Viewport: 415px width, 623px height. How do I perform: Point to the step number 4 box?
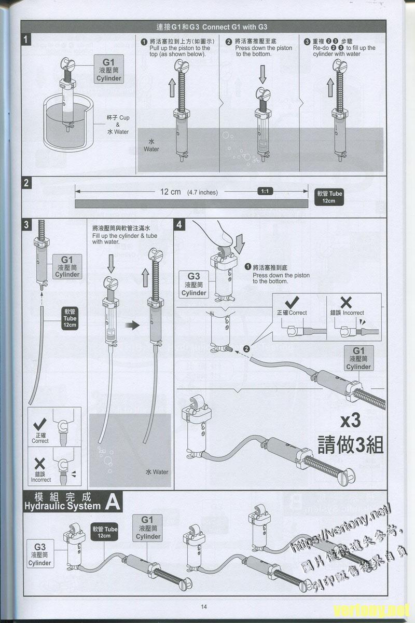click(179, 224)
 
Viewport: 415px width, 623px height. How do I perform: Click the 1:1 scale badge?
click(265, 191)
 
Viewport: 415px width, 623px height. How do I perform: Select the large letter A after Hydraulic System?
click(113, 502)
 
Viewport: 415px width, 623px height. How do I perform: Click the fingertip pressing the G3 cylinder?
click(220, 231)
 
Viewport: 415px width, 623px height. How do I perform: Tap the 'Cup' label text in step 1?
click(124, 118)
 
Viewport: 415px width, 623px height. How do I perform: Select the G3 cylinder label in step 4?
click(193, 284)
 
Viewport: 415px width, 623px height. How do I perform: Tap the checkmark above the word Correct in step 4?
click(292, 301)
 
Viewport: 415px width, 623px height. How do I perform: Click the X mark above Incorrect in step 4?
click(346, 302)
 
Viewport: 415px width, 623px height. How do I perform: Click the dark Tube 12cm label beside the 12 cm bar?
click(329, 196)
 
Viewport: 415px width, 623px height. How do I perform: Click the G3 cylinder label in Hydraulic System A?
click(40, 554)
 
